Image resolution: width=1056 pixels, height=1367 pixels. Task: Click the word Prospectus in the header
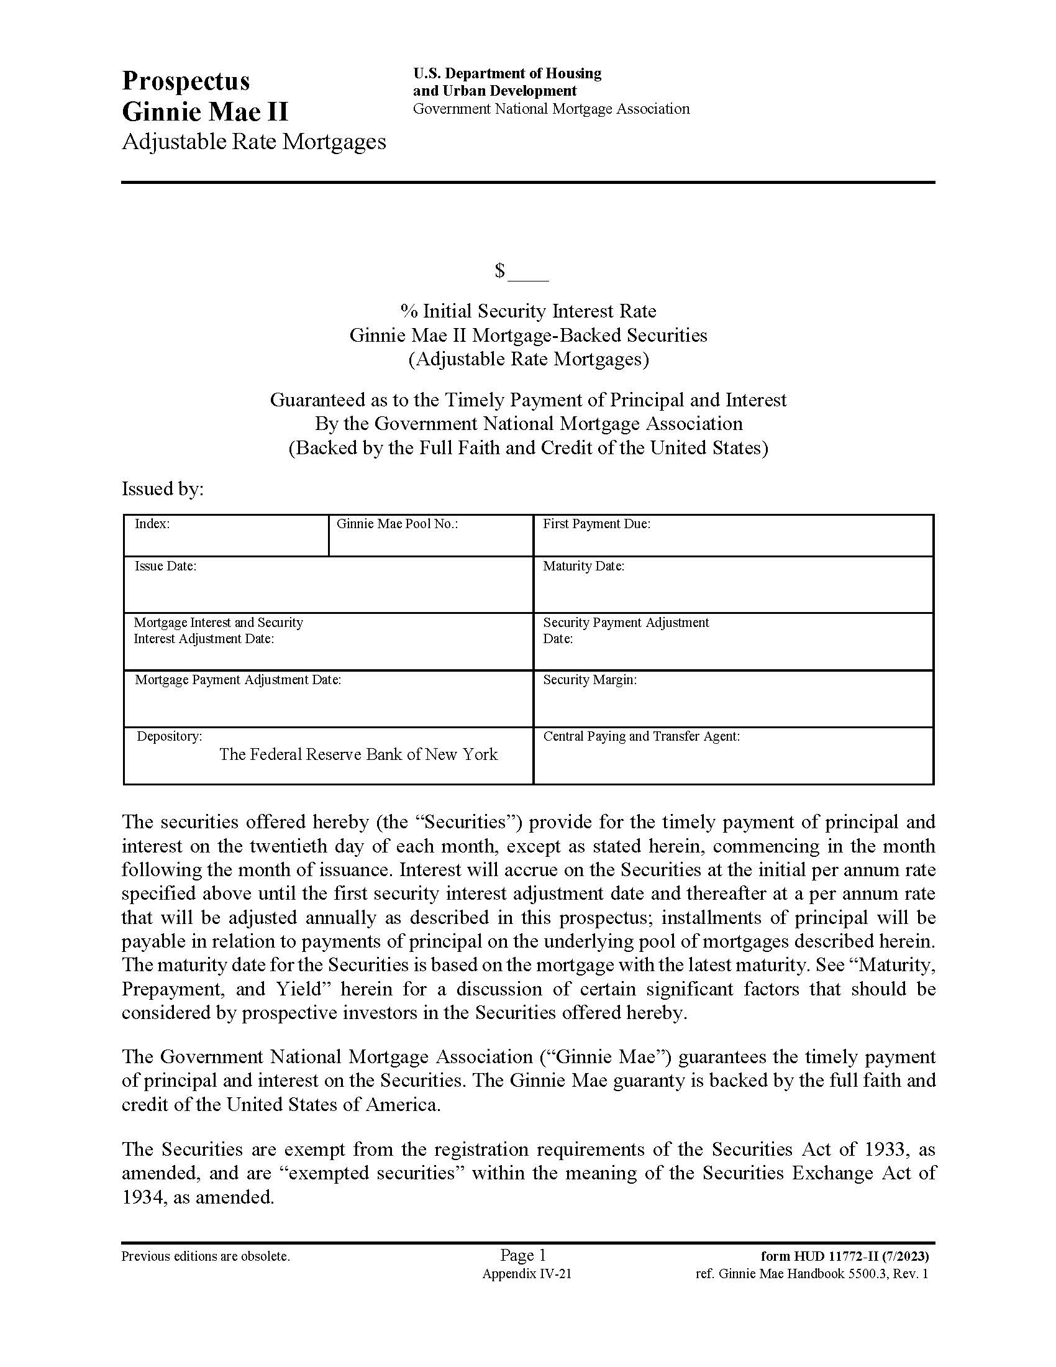[x=186, y=81]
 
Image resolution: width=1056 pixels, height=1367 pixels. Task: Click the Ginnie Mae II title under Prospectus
[x=205, y=112]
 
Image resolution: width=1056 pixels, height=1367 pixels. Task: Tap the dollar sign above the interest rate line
[x=499, y=271]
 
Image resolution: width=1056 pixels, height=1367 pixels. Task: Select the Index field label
[x=152, y=524]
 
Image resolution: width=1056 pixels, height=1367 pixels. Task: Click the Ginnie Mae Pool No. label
[x=398, y=524]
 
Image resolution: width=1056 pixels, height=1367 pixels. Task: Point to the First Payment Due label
[x=596, y=524]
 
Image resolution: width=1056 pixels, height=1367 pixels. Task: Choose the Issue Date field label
[x=165, y=567]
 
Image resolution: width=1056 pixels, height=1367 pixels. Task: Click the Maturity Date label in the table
[x=583, y=567]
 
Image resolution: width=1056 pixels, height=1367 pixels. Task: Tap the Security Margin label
[x=589, y=680]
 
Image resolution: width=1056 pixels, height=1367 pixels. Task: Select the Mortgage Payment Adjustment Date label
[x=238, y=680]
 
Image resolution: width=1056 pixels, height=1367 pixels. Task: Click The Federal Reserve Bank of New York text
[x=358, y=755]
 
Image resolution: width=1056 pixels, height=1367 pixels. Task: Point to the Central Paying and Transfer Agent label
[x=641, y=737]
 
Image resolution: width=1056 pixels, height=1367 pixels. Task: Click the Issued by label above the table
[x=163, y=489]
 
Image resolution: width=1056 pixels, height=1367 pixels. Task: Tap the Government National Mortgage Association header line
[x=550, y=109]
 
